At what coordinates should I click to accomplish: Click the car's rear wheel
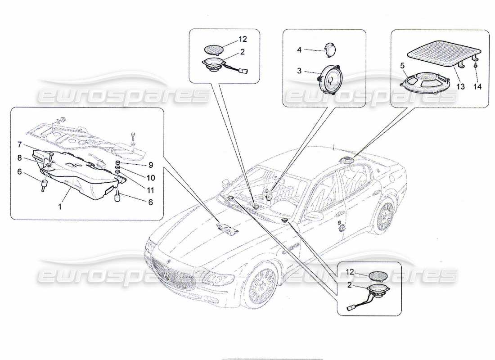(384, 217)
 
